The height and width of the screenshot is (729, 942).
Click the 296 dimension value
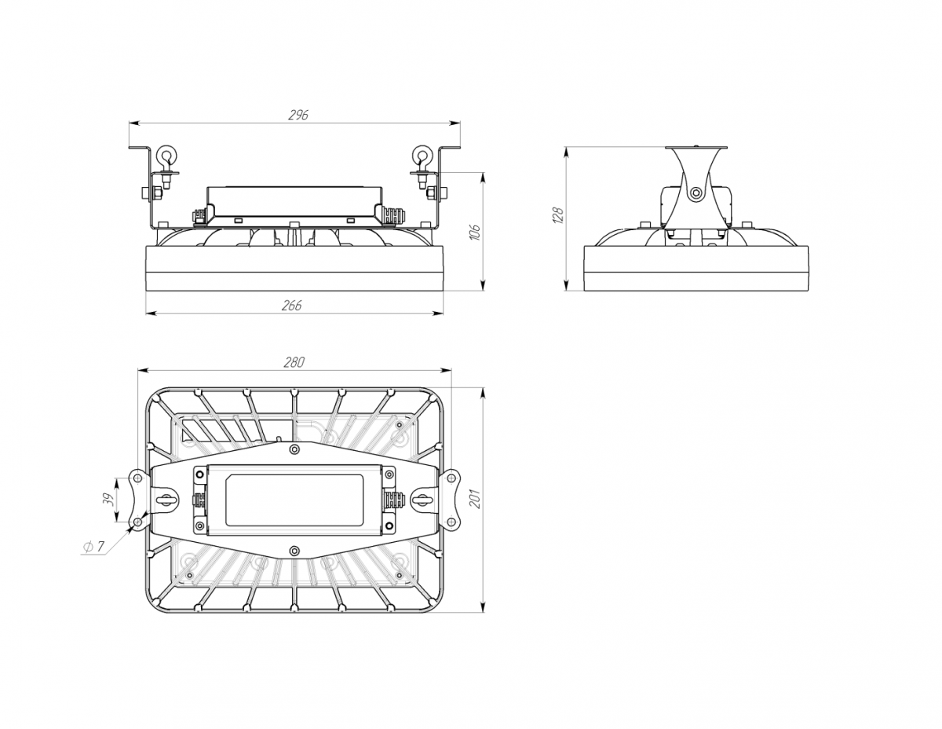click(298, 115)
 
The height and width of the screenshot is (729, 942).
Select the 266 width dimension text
click(291, 306)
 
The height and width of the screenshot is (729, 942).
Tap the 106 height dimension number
click(476, 233)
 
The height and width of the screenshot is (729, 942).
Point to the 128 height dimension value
click(558, 215)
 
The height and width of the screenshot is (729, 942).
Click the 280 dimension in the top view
click(294, 362)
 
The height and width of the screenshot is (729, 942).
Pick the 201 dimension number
click(476, 498)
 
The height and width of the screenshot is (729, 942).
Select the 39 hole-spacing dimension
click(110, 500)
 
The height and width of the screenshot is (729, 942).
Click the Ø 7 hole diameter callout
click(93, 547)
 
